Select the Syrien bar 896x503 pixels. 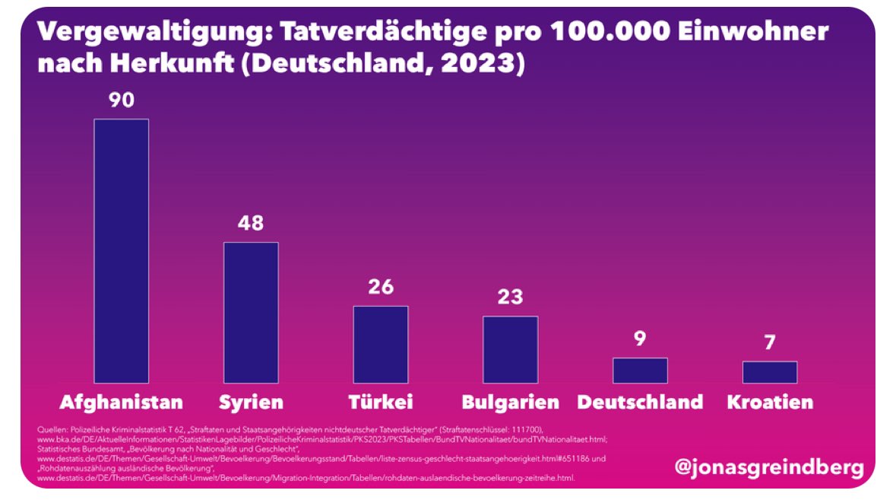[251, 312]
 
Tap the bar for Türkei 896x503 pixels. [380, 344]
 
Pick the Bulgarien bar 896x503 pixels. [510, 349]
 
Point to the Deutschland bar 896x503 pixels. [640, 370]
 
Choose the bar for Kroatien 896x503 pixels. [770, 371]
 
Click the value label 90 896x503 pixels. [121, 100]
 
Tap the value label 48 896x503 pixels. [251, 224]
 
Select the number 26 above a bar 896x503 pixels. [380, 288]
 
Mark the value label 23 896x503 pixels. [510, 297]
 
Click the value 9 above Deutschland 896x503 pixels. [640, 339]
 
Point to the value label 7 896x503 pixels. [770, 342]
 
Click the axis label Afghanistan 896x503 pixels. [121, 402]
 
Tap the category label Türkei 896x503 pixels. [380, 402]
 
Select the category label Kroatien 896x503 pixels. [770, 402]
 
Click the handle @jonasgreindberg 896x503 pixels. [769, 467]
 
